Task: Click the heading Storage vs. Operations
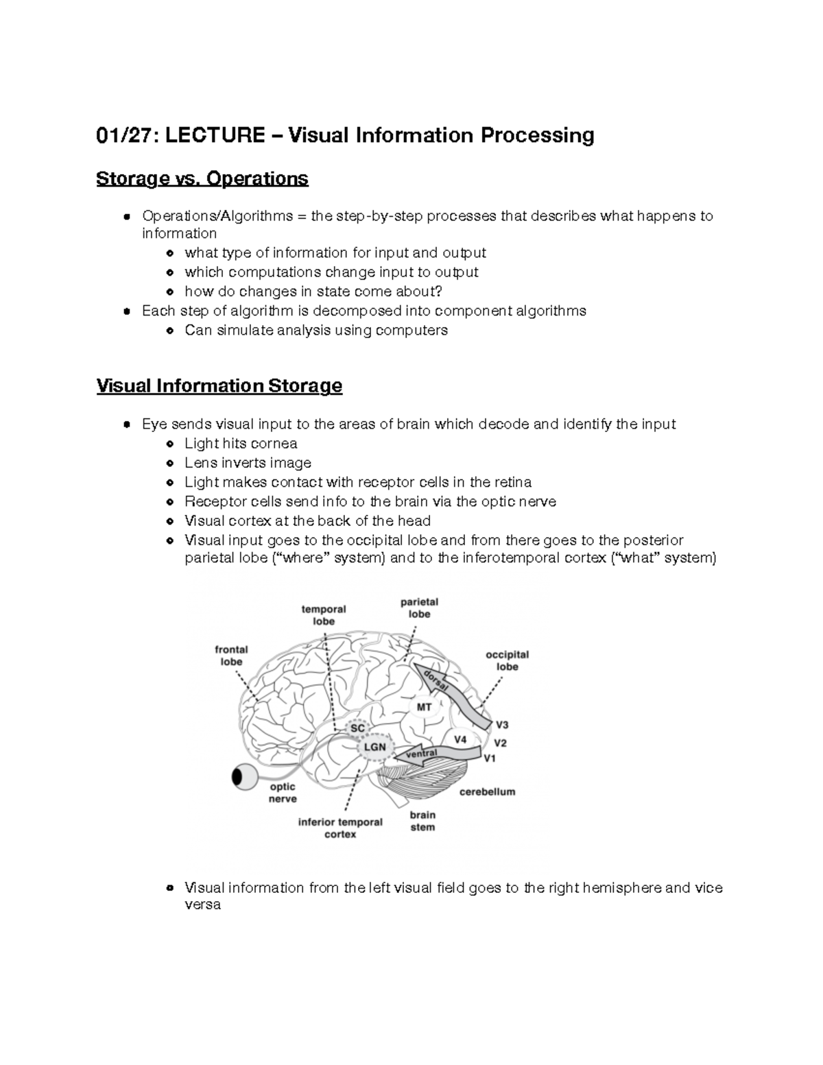tap(202, 179)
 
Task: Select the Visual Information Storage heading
tap(219, 386)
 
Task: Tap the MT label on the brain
tap(425, 707)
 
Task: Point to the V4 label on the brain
tap(460, 739)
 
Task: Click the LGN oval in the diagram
tap(374, 747)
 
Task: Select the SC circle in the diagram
tap(358, 728)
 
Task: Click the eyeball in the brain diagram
tap(243, 777)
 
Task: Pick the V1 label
tap(490, 758)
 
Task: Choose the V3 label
tap(502, 725)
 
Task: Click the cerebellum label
tap(487, 791)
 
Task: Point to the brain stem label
tap(422, 821)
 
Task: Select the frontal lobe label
tap(231, 656)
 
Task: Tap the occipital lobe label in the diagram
tap(507, 660)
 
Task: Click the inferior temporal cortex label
tap(340, 828)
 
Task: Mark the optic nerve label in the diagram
tap(283, 793)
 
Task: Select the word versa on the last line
tap(202, 905)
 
